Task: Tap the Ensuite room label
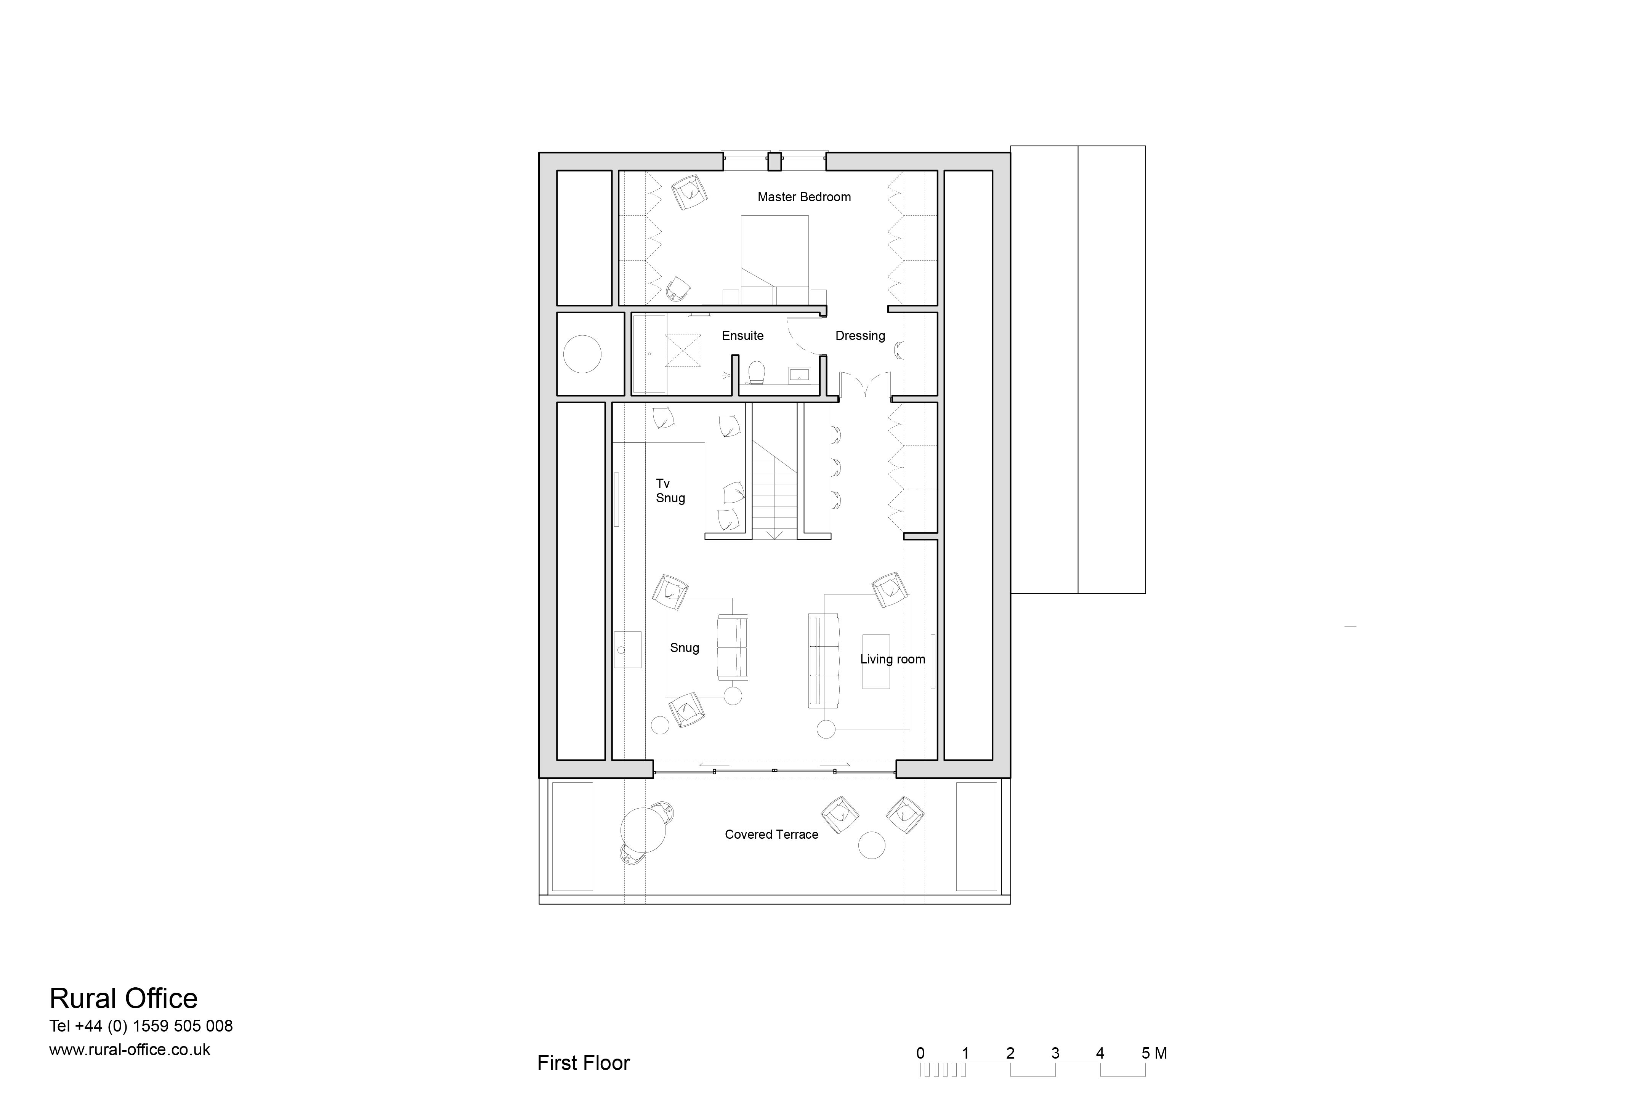point(742,336)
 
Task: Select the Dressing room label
point(860,336)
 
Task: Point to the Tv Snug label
point(670,491)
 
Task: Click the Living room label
point(892,659)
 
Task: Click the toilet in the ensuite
point(755,373)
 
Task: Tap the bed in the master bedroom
point(774,260)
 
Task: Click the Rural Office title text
point(123,998)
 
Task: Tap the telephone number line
point(141,1026)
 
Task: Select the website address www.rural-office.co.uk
point(130,1049)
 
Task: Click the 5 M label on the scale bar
point(1154,1053)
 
